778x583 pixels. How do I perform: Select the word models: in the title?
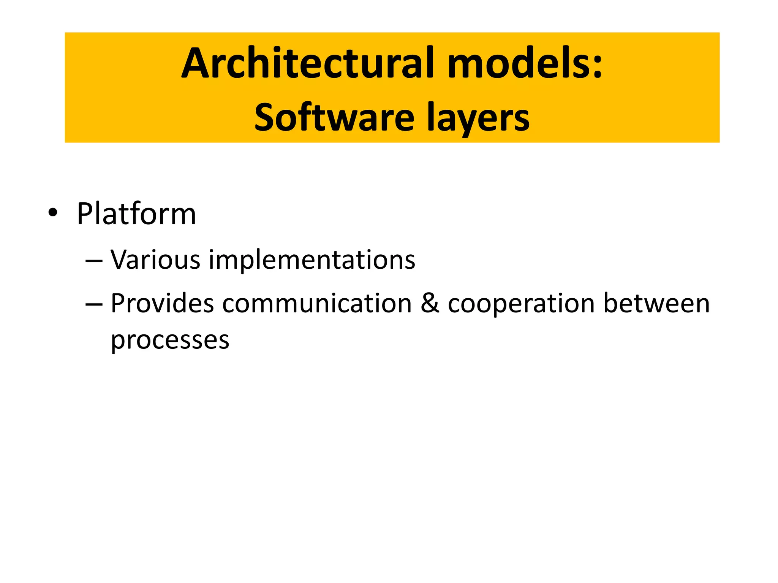(x=524, y=63)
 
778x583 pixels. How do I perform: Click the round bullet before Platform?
(x=53, y=213)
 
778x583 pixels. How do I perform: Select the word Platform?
(x=136, y=214)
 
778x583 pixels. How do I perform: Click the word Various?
(x=155, y=260)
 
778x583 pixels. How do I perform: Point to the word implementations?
(x=312, y=261)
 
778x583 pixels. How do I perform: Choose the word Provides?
(x=162, y=304)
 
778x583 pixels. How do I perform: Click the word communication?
(x=317, y=304)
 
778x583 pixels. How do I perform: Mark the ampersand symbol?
(x=430, y=304)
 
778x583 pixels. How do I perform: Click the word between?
(x=656, y=304)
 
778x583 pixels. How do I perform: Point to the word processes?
(x=170, y=340)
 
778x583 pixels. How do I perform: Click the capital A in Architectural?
(x=196, y=63)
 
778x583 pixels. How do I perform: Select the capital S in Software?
(x=266, y=118)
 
